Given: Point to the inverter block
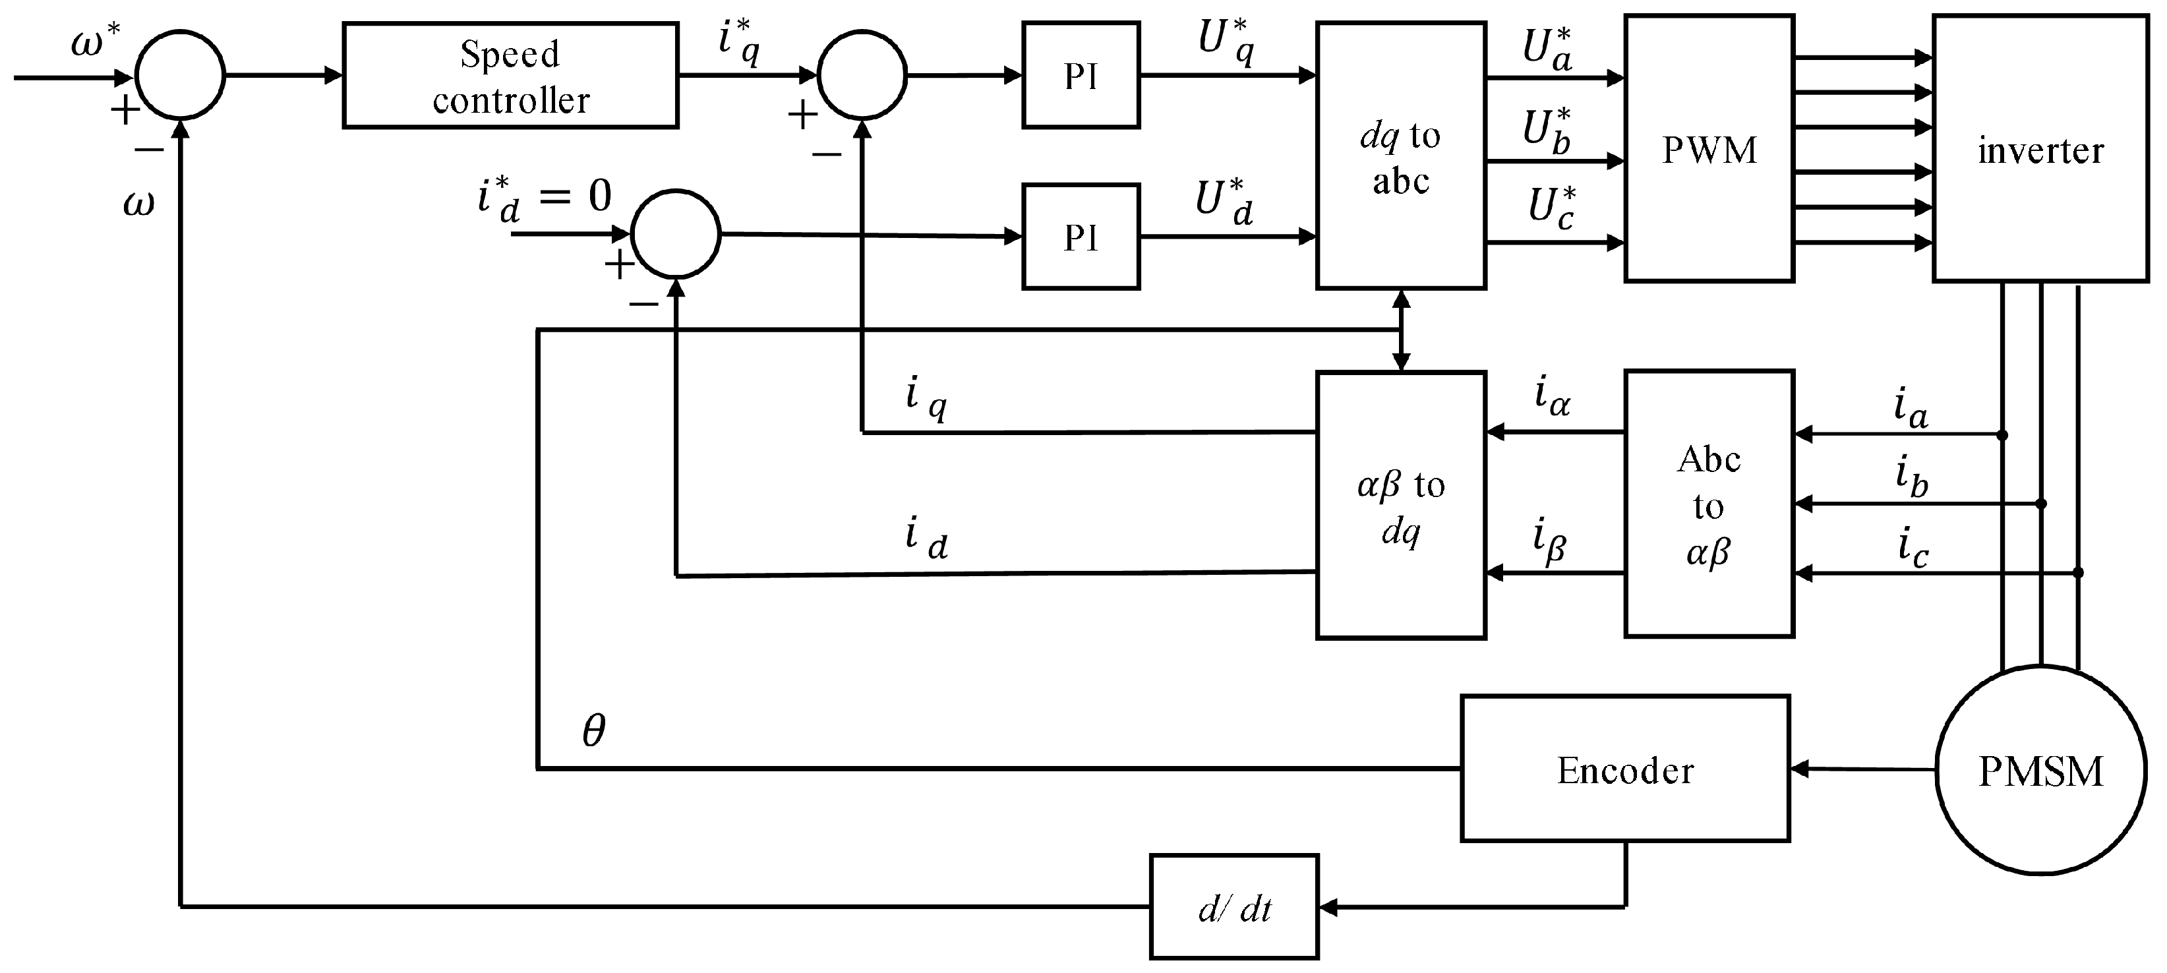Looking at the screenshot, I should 2039,150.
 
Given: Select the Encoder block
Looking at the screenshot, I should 1624,769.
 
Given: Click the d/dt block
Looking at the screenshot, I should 1233,906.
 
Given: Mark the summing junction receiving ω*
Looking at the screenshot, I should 180,76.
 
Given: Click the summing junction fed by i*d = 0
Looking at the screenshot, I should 676,234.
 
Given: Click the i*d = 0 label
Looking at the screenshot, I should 543,198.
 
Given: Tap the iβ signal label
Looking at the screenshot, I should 1549,540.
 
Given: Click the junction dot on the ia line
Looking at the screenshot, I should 2002,435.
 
